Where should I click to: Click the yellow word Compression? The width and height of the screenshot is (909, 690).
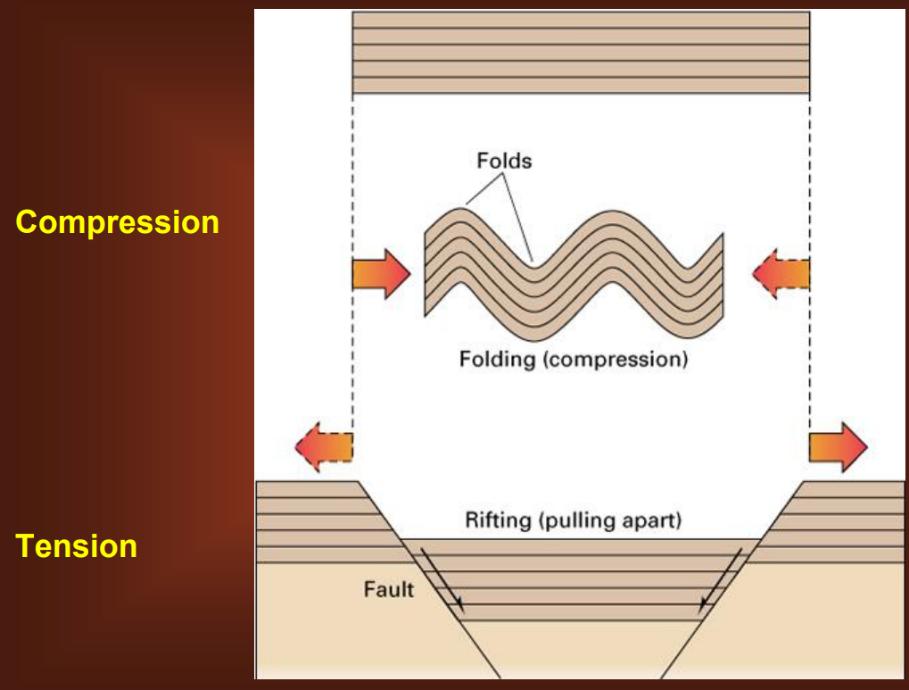point(117,222)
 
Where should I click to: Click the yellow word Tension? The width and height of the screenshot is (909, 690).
point(77,545)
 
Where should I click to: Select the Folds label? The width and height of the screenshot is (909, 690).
point(503,161)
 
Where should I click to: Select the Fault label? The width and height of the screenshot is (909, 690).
point(389,589)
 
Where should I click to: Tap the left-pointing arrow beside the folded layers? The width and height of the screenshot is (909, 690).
point(781,273)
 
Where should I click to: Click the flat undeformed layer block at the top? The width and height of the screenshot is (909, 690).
point(581,53)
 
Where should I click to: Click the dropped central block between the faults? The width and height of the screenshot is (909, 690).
point(580,580)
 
